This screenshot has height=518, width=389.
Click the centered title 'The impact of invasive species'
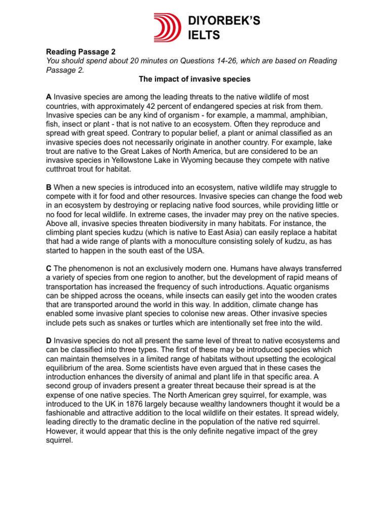click(x=194, y=79)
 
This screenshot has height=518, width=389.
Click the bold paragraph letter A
click(x=49, y=97)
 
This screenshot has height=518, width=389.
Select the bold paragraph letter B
click(x=49, y=188)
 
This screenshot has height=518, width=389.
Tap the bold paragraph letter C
click(x=49, y=268)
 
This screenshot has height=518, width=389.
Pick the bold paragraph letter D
click(x=49, y=340)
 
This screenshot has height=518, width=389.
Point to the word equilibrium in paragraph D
click(x=68, y=368)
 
